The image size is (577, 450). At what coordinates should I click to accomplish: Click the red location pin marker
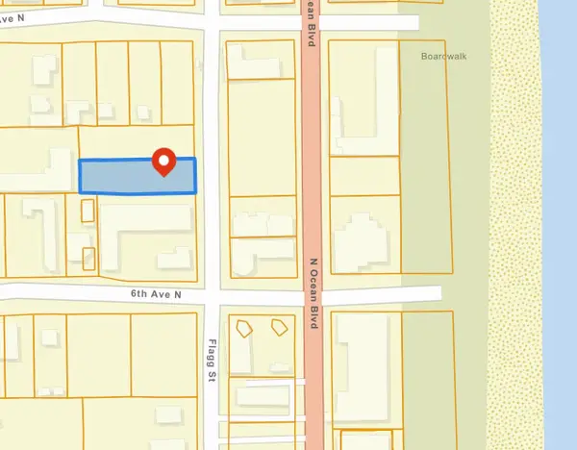pyautogui.click(x=163, y=162)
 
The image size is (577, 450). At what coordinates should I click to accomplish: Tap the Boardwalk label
pyautogui.click(x=442, y=56)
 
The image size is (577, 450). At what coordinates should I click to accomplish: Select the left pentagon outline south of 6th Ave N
pyautogui.click(x=245, y=326)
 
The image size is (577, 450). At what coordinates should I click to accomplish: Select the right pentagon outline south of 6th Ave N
pyautogui.click(x=280, y=325)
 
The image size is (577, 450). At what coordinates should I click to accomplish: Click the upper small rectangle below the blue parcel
pyautogui.click(x=88, y=210)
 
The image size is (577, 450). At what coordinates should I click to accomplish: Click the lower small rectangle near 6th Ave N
pyautogui.click(x=89, y=258)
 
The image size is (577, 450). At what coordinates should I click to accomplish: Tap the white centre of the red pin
pyautogui.click(x=163, y=160)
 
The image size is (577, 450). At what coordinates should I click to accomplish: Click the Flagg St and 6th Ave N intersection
pyautogui.click(x=213, y=292)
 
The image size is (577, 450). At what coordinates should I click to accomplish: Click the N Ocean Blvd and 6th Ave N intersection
pyautogui.click(x=312, y=292)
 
